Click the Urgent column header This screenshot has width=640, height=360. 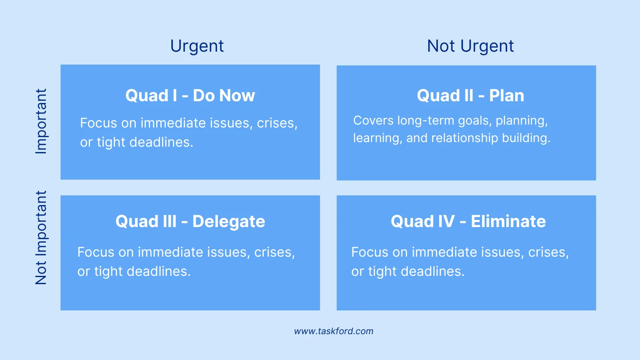point(197,46)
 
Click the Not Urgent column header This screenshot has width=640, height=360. point(470,46)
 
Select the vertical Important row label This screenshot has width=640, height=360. point(41,121)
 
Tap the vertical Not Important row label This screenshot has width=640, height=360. point(41,237)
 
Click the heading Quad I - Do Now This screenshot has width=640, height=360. point(190,96)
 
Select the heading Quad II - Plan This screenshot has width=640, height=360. point(470,96)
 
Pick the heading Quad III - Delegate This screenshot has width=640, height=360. point(190,222)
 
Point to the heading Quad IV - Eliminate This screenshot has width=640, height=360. point(468,222)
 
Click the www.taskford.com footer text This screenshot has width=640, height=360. point(334,331)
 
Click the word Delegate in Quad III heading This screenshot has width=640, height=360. point(229,222)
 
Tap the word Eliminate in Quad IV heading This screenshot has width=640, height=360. point(508,222)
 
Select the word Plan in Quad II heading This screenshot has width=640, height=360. point(507,96)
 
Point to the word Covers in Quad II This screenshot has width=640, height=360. point(373,120)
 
